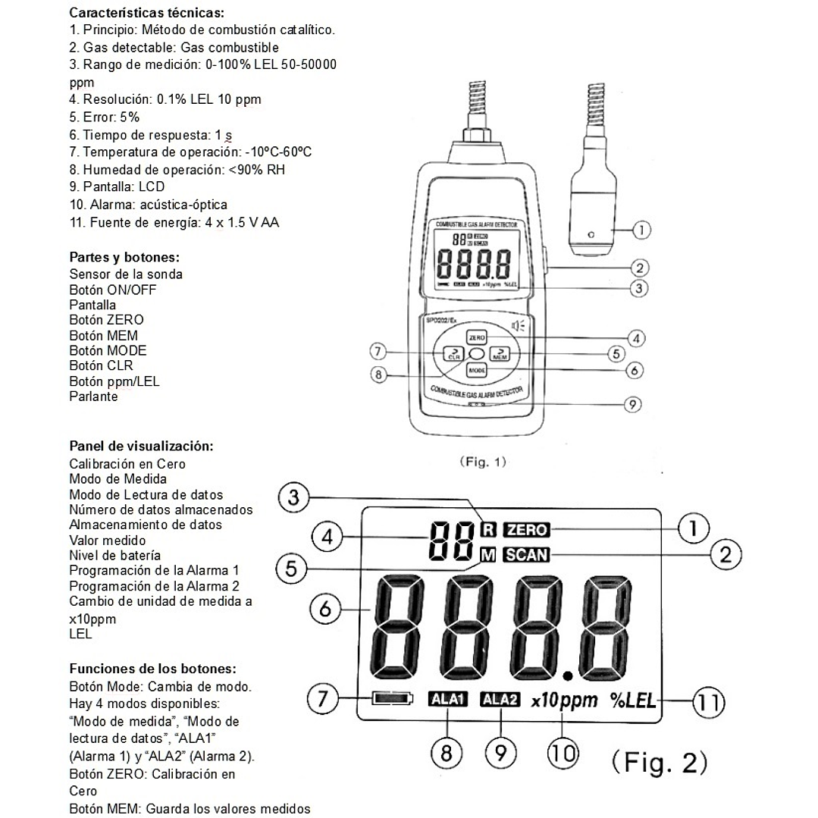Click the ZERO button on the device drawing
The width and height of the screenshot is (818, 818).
pyautogui.click(x=476, y=337)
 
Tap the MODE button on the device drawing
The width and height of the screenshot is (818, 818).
pyautogui.click(x=476, y=371)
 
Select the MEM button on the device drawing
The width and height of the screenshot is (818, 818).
pyautogui.click(x=500, y=353)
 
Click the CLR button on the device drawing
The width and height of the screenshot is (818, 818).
pyautogui.click(x=453, y=353)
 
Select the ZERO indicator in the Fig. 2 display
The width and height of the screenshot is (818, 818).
pyautogui.click(x=528, y=529)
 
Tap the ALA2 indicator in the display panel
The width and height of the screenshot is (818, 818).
pyautogui.click(x=500, y=700)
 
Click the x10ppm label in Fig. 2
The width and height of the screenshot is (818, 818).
pyautogui.click(x=564, y=700)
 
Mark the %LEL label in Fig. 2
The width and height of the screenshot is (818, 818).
pyautogui.click(x=633, y=700)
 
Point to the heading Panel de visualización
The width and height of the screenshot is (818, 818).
pyautogui.click(x=141, y=446)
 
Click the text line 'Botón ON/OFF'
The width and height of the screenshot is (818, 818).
pyautogui.click(x=114, y=290)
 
